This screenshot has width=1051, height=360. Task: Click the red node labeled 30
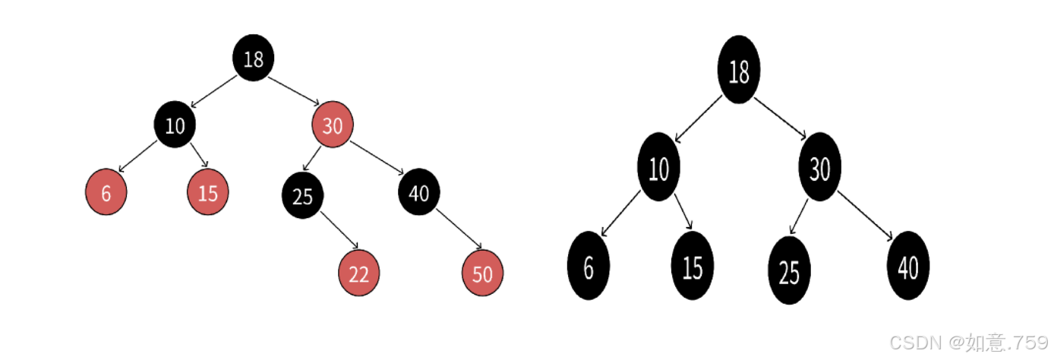pyautogui.click(x=333, y=125)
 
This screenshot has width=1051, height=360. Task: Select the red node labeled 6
pyautogui.click(x=106, y=192)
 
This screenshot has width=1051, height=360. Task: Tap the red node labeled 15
pyautogui.click(x=208, y=192)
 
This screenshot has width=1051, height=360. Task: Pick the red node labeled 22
pyautogui.click(x=359, y=273)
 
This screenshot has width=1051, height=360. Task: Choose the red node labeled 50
pyautogui.click(x=482, y=273)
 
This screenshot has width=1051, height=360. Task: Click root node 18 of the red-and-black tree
pyautogui.click(x=254, y=58)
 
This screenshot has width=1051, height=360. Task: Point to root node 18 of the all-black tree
pyautogui.click(x=739, y=69)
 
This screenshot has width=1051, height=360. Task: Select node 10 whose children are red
pyautogui.click(x=175, y=125)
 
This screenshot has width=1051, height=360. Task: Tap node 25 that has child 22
pyautogui.click(x=303, y=195)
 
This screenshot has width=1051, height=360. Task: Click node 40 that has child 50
pyautogui.click(x=419, y=192)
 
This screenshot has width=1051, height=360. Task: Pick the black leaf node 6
pyautogui.click(x=589, y=266)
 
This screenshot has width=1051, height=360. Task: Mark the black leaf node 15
pyautogui.click(x=693, y=266)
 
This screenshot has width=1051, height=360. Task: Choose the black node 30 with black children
pyautogui.click(x=819, y=167)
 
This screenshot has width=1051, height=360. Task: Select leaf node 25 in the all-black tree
pyautogui.click(x=789, y=270)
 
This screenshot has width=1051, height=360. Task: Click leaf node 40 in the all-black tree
pyautogui.click(x=908, y=266)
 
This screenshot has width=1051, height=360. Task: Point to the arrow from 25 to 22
pyautogui.click(x=339, y=230)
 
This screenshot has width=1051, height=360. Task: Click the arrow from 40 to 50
pyautogui.click(x=459, y=229)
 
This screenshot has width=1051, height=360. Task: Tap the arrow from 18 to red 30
pyautogui.click(x=294, y=91)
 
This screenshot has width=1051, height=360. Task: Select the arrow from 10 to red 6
pyautogui.click(x=137, y=156)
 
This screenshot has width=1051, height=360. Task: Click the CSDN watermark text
pyautogui.click(x=969, y=343)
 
